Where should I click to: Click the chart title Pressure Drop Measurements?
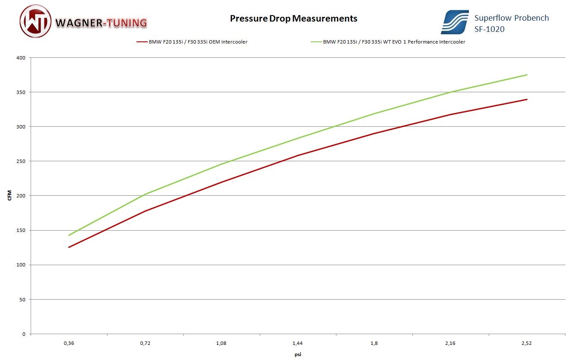[293, 19]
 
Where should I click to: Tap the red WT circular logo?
[36, 22]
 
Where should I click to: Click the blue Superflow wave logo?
[454, 22]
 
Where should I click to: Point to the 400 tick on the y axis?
[21, 58]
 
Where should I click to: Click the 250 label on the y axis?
[21, 161]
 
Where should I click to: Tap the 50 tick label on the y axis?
[22, 299]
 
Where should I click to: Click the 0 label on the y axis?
[24, 334]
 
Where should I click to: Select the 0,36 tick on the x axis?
[69, 343]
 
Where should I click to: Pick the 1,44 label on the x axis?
[298, 343]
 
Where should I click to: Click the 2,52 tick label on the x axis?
[527, 343]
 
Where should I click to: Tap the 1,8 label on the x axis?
[374, 343]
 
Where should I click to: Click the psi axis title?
[298, 354]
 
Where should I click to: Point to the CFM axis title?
[9, 196]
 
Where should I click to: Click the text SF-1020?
[489, 29]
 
